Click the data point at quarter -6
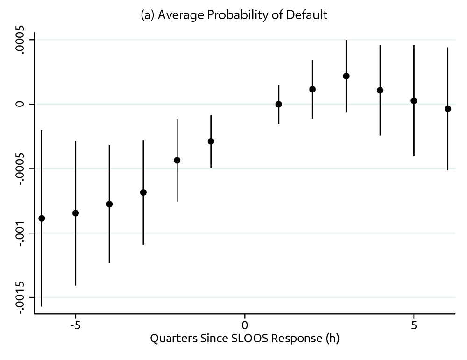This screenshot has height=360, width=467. coord(42,219)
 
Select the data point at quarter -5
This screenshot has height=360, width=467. coord(76,213)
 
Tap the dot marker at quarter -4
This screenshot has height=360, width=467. coord(109,204)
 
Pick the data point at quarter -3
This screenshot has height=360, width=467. coord(143,192)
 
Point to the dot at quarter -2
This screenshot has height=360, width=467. coord(177,160)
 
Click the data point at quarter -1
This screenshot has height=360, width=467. coord(211,141)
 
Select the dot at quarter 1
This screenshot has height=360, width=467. coord(278,104)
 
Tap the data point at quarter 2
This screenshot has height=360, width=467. coord(312,89)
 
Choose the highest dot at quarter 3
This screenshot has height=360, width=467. coord(346,76)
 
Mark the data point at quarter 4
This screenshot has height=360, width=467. coord(380,90)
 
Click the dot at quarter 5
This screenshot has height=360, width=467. coord(414,100)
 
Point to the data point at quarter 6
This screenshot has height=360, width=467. coord(448,109)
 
